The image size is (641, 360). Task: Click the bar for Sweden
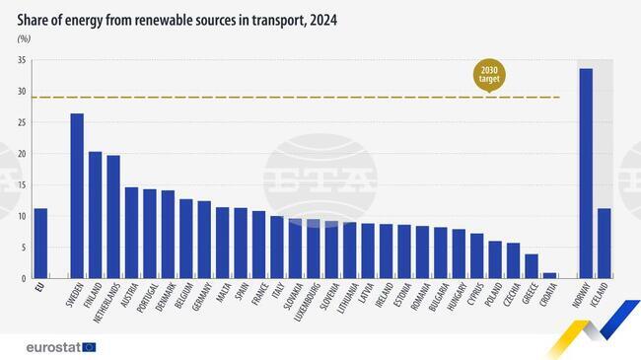tap(77, 196)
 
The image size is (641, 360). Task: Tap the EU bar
tap(40, 244)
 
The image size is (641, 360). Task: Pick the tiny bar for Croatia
tap(549, 275)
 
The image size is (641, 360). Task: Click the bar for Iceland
tap(604, 244)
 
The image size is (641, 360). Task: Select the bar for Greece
tap(532, 266)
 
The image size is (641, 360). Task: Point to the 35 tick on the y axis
tap(22, 61)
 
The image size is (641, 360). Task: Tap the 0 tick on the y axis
tap(24, 278)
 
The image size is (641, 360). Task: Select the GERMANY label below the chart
tap(202, 300)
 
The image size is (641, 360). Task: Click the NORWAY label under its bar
tap(584, 299)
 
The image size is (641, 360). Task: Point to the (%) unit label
tap(24, 38)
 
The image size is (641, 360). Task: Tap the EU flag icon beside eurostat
tap(89, 347)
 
